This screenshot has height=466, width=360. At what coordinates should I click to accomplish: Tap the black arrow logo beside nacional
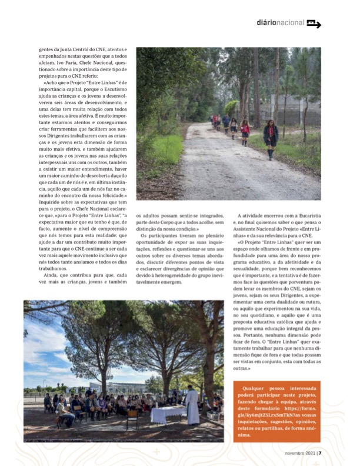pos(314,24)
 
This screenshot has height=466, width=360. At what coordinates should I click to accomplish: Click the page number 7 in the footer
pos(321,453)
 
